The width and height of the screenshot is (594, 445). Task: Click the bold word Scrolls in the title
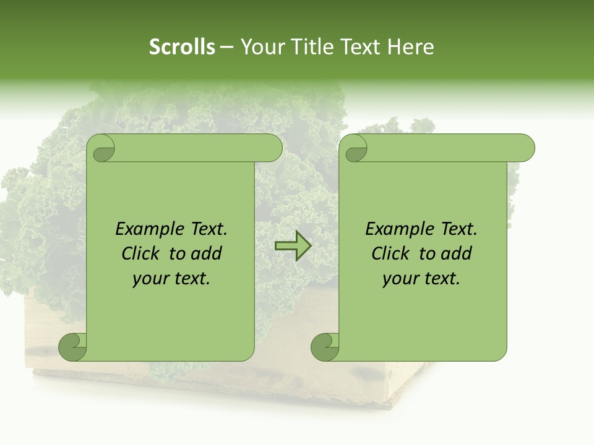pos(183,47)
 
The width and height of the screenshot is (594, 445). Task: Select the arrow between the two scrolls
pos(293,246)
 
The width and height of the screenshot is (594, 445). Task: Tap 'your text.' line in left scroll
pos(171,279)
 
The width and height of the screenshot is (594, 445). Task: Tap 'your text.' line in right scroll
pos(421,279)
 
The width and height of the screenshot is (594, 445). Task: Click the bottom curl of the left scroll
pos(72,347)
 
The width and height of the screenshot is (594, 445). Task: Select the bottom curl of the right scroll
pos(325,347)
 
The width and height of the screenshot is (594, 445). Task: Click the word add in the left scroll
pos(207,253)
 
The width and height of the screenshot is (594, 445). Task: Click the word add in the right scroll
pos(457,253)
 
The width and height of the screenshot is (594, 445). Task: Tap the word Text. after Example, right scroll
pos(458,229)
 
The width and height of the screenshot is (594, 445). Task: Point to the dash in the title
pos(227,47)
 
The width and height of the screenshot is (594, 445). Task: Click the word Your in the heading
pos(259,47)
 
